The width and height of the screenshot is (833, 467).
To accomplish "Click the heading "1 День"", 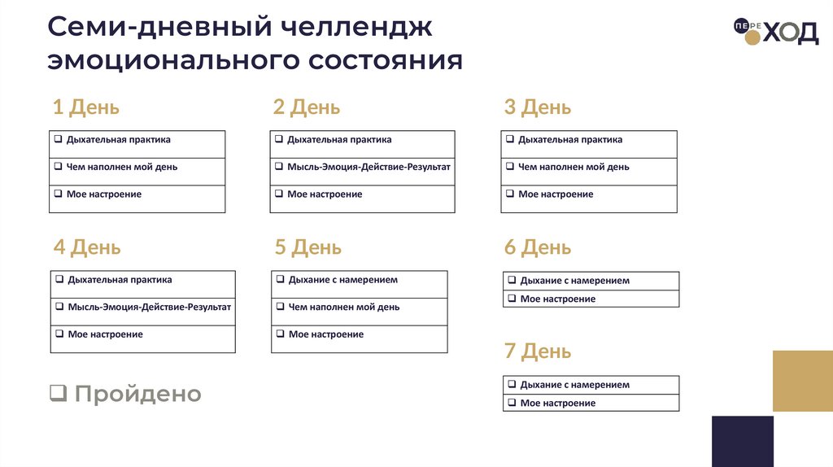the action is pyautogui.click(x=85, y=107).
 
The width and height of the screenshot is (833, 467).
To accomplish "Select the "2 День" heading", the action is pyautogui.click(x=306, y=107).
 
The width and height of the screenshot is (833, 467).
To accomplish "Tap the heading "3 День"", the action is pyautogui.click(x=537, y=107).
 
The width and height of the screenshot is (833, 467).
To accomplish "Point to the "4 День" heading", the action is pyautogui.click(x=86, y=247).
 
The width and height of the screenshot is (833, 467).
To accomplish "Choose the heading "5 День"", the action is pyautogui.click(x=307, y=247).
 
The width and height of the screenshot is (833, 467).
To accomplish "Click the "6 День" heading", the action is pyautogui.click(x=537, y=247).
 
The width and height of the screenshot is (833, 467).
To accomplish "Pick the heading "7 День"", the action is pyautogui.click(x=537, y=351).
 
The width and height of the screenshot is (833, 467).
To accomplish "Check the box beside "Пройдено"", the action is pyautogui.click(x=58, y=395).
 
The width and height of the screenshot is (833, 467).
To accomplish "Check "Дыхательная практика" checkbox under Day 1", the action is pyautogui.click(x=59, y=140).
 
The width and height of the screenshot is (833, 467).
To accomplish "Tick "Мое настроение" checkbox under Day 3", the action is pyautogui.click(x=510, y=194).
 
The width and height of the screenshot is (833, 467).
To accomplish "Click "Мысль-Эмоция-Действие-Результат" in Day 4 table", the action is pyautogui.click(x=150, y=307).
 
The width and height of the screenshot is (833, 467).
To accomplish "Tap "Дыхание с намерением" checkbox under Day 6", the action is pyautogui.click(x=512, y=281).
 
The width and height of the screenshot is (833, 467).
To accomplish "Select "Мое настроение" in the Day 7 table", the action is pyautogui.click(x=557, y=403).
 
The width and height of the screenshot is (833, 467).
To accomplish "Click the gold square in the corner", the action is pyautogui.click(x=802, y=381).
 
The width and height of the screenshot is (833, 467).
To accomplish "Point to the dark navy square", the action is pyautogui.click(x=742, y=441).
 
